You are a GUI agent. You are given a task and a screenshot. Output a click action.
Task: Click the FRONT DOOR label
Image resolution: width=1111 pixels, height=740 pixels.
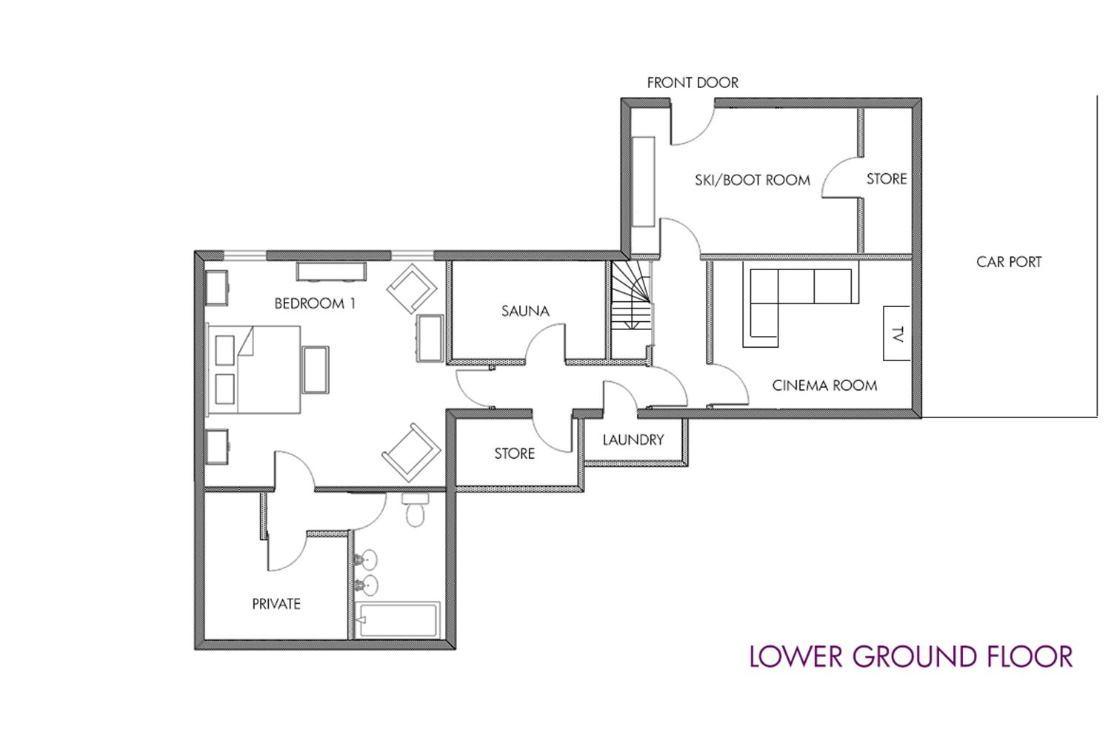pos(693,83)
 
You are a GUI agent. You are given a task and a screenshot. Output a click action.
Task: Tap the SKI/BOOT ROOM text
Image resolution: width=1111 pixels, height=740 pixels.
pos(753,180)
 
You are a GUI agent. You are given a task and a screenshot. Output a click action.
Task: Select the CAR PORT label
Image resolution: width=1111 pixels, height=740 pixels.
pos(1009,262)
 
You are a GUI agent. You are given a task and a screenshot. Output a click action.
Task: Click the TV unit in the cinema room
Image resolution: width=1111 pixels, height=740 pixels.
pos(897,333)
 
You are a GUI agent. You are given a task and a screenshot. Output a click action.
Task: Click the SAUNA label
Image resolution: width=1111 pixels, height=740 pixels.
pos(525,312)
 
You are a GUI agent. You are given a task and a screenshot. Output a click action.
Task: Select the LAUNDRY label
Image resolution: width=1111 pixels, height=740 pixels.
pos(633,440)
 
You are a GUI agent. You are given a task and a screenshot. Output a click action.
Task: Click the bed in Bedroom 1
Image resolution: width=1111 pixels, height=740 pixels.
pos(254,369)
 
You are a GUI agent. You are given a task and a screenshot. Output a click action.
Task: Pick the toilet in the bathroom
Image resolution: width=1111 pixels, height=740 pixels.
pos(415,509)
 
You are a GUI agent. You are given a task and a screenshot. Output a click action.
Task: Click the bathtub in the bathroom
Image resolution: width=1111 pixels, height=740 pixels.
pos(398,619)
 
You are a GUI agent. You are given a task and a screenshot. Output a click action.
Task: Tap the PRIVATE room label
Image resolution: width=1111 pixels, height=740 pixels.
pos(276,604)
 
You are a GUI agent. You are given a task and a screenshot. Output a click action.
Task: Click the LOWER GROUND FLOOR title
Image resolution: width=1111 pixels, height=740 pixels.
pos(910,656)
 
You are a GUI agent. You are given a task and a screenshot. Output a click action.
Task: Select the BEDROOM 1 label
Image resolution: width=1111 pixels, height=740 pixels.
pos(315,303)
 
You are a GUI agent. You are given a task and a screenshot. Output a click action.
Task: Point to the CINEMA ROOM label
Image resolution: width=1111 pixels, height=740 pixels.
pos(824,386)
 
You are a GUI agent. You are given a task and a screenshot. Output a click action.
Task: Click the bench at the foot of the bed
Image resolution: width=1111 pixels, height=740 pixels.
pos(316,370)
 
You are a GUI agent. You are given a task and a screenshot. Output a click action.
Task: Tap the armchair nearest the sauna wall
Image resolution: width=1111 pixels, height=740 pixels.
pos(412,289)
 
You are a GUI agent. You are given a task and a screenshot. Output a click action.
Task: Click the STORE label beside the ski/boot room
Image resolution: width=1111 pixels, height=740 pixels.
pos(887,179)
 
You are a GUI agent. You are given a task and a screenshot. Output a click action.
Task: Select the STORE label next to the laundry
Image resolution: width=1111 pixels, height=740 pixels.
pos(514,454)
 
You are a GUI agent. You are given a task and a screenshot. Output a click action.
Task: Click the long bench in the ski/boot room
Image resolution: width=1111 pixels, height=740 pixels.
pos(643,182)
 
